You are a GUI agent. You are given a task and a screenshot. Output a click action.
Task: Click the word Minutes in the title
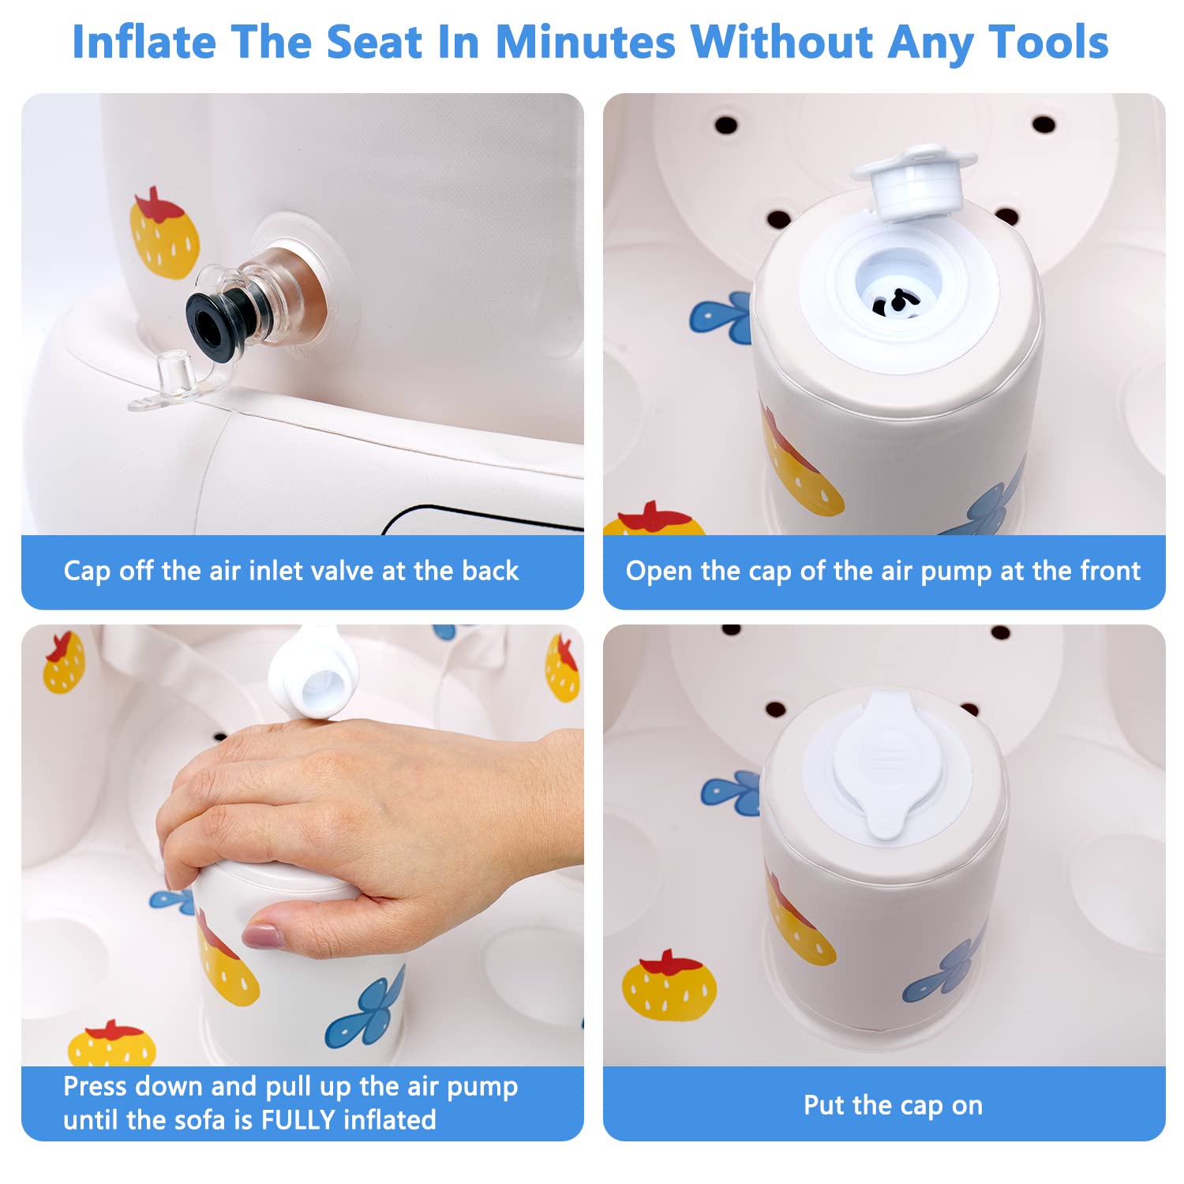click(x=585, y=42)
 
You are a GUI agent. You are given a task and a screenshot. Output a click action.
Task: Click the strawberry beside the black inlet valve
click(x=163, y=233)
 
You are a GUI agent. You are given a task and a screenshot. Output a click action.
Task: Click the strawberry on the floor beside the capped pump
click(x=669, y=984)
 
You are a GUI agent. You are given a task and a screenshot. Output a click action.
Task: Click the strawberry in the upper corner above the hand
click(x=64, y=662)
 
